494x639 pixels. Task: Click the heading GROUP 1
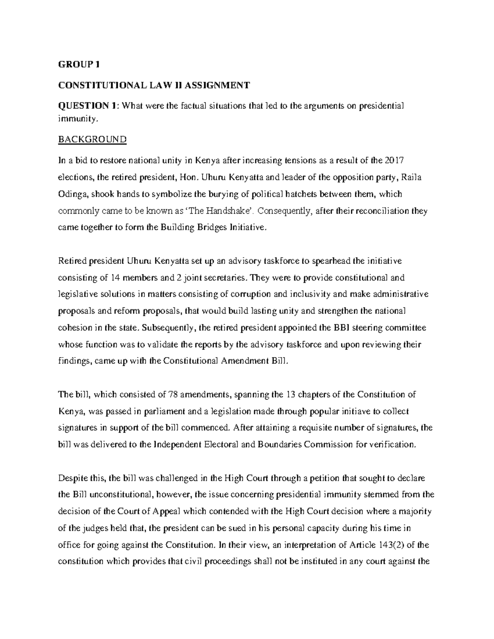(79, 65)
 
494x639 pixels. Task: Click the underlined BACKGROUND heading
(92, 139)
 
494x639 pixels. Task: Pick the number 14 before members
(116, 278)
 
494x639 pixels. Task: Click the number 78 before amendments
(173, 395)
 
